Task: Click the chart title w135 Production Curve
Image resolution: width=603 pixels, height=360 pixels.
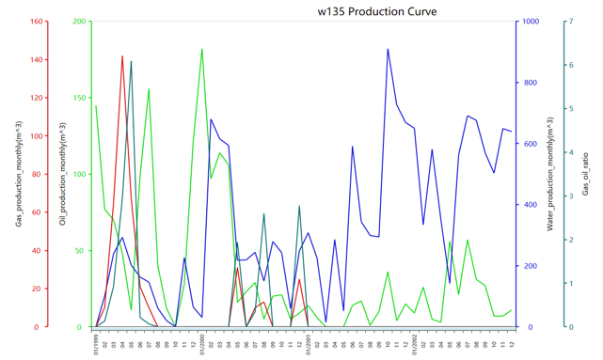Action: click(x=376, y=11)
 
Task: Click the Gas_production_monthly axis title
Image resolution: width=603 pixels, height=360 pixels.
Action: click(x=19, y=174)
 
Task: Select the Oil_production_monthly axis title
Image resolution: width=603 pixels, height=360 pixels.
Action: click(x=63, y=174)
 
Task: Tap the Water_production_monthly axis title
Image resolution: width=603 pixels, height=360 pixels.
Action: click(x=548, y=174)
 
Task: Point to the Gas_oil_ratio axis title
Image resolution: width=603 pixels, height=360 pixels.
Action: click(x=585, y=174)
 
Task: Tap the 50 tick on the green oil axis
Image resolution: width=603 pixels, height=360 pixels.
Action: click(x=81, y=251)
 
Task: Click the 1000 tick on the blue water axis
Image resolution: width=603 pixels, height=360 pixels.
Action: click(x=532, y=22)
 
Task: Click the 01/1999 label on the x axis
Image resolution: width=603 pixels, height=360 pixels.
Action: click(x=96, y=344)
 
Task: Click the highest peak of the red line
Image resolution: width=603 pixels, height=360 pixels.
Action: click(x=122, y=56)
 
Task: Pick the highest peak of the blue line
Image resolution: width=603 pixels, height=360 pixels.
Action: click(x=388, y=49)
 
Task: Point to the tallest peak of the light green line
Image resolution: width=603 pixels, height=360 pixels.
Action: click(x=201, y=49)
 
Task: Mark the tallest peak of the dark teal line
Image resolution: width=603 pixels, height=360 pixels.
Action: click(x=131, y=61)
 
